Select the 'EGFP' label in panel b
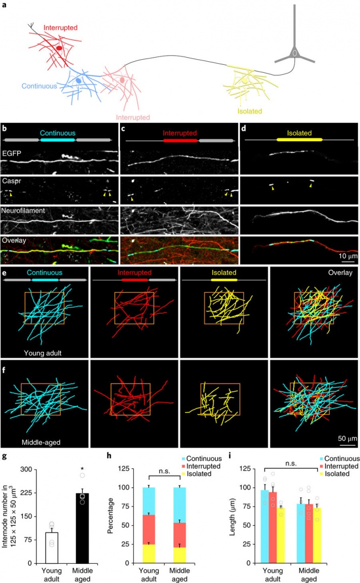coord(12,150)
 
